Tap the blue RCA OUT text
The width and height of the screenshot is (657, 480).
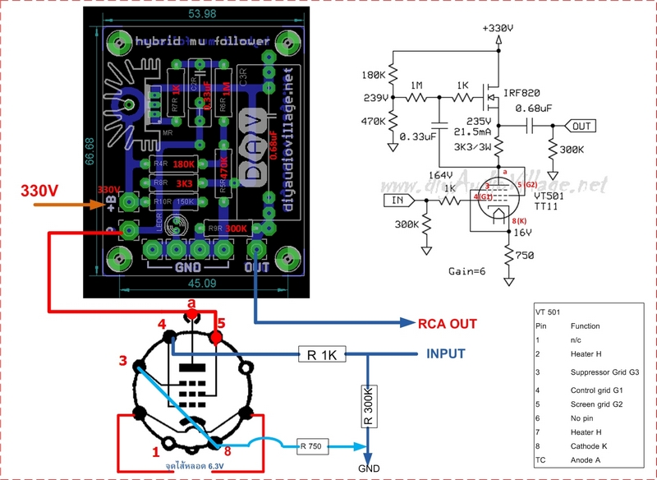click(x=448, y=323)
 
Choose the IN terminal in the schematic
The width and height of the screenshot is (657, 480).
click(x=396, y=199)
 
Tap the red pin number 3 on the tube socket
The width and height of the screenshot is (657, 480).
click(x=122, y=360)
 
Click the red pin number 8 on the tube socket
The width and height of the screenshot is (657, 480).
click(x=226, y=450)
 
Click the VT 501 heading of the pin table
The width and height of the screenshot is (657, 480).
click(x=549, y=313)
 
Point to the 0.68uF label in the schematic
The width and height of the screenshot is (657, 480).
click(x=537, y=108)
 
